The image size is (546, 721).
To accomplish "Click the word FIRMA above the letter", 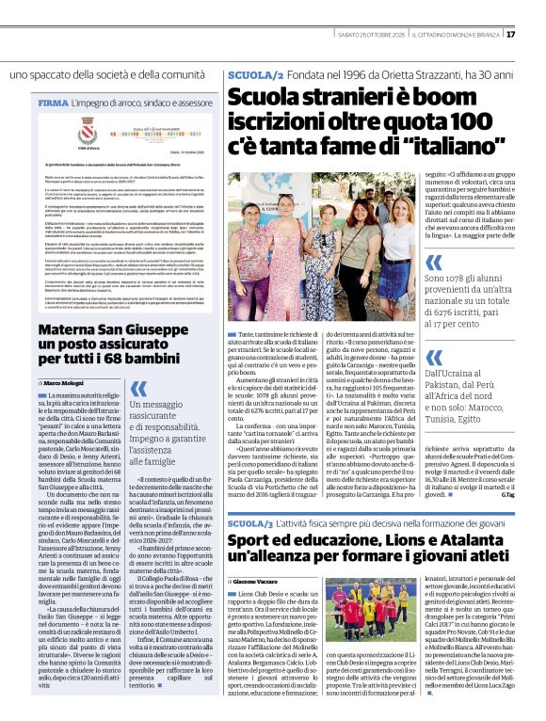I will pos(52,101).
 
